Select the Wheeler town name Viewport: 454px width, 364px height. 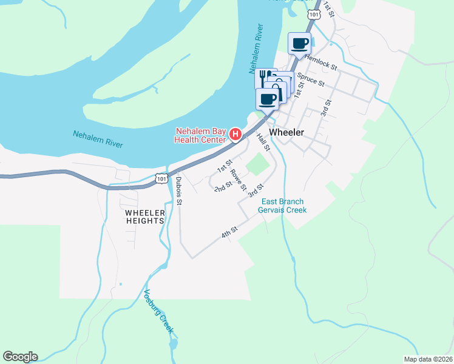286,132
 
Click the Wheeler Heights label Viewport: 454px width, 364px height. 145,217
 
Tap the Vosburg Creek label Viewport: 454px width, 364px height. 159,312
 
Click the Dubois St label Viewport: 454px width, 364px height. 178,191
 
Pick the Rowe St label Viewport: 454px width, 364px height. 238,180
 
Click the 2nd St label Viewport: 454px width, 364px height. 223,186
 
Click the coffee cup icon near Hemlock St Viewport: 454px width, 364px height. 300,43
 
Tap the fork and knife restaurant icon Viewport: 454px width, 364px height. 265,78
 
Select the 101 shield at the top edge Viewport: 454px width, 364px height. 314,14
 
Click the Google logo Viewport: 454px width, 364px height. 20,357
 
